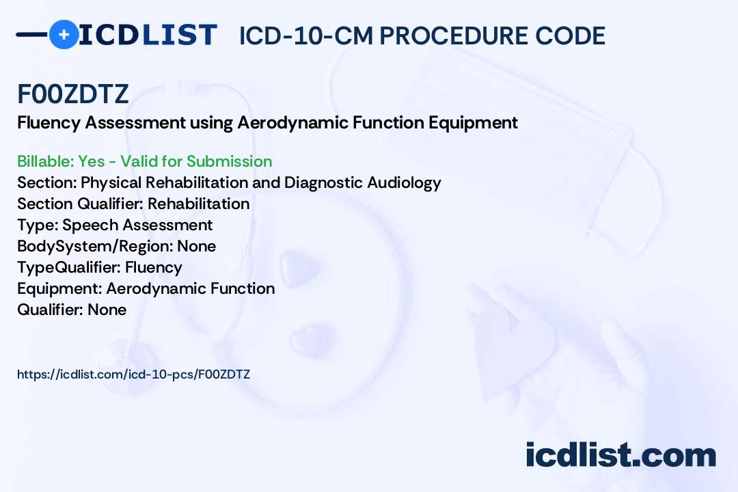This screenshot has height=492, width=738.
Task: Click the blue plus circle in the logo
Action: (64, 34)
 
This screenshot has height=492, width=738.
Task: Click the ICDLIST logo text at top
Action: (148, 35)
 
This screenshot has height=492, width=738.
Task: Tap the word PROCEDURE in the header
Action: (454, 36)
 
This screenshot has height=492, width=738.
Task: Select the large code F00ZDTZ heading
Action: (73, 94)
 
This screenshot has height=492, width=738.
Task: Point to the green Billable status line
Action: (144, 161)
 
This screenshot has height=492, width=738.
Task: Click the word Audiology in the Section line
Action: (404, 182)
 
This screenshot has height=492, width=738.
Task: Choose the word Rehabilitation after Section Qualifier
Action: (199, 204)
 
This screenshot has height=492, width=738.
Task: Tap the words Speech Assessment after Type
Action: (137, 225)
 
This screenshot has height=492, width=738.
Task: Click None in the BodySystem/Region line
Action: (197, 246)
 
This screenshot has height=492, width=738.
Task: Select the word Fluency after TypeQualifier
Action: (154, 267)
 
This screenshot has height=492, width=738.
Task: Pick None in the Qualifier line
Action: (107, 310)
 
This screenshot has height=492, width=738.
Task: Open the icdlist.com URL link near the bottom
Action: (134, 374)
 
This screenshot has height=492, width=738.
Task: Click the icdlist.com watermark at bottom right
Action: (620, 454)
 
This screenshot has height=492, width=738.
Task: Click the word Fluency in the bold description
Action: (49, 123)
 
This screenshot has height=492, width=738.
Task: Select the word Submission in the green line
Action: (230, 161)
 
